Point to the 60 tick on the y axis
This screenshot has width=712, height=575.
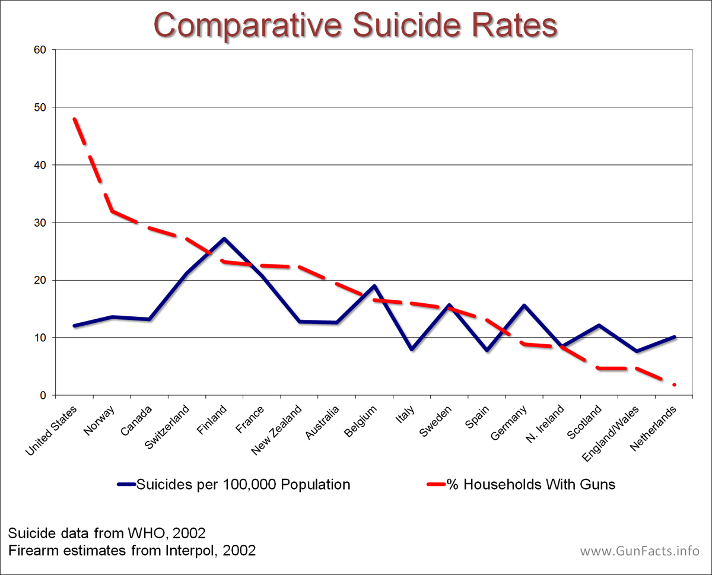[40, 50]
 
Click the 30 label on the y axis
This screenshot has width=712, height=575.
[40, 223]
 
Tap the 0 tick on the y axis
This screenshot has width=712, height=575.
[43, 395]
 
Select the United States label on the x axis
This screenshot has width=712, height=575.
[52, 430]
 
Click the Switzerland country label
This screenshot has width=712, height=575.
[168, 426]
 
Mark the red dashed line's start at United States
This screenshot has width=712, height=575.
[74, 118]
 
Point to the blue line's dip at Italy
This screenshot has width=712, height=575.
[412, 350]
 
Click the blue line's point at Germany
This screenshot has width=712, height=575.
[524, 306]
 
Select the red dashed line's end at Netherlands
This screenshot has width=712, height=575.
[675, 385]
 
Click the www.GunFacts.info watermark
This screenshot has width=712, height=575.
[640, 551]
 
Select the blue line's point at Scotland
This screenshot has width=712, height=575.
[599, 325]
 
